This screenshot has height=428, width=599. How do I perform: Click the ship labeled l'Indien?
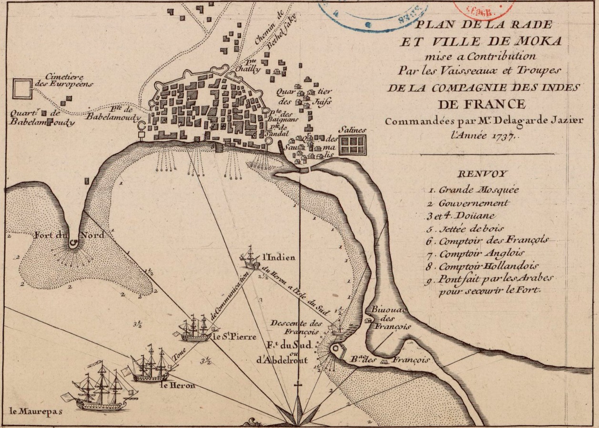[x=251, y=259]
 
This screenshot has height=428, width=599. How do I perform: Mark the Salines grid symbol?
[x=352, y=145]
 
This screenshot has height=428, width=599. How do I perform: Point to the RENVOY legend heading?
[x=482, y=174]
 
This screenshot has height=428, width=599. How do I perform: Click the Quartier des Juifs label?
[x=305, y=97]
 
